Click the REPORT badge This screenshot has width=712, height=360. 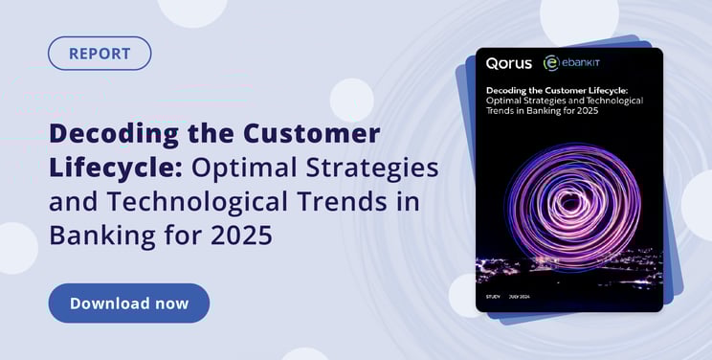(x=100, y=53)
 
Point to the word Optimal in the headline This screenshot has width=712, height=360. (x=246, y=168)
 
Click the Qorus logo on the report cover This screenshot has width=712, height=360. (x=510, y=63)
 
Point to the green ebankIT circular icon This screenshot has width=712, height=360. (x=550, y=63)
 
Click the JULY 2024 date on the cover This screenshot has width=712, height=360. (x=521, y=297)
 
